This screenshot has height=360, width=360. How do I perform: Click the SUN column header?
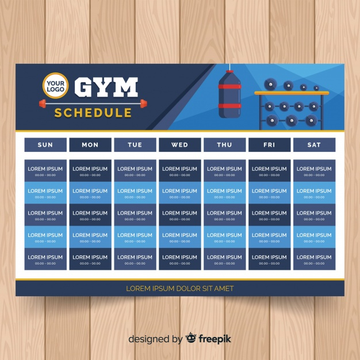(x=45, y=145)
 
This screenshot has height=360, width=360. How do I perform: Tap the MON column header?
(x=90, y=145)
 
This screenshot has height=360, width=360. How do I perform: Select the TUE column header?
(x=135, y=145)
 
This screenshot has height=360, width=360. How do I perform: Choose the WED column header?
(x=179, y=145)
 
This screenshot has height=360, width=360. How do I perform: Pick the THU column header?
(x=224, y=145)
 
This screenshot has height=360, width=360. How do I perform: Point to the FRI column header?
(x=269, y=145)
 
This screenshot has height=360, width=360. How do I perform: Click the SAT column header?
(x=314, y=145)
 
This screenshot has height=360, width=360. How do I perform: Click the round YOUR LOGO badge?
(x=55, y=86)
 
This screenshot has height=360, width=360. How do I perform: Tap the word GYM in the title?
(x=107, y=87)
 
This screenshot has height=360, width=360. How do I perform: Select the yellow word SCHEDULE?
(x=93, y=113)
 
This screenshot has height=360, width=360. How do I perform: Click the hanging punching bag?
(x=230, y=94)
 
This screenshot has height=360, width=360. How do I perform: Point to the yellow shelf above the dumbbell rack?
(x=292, y=93)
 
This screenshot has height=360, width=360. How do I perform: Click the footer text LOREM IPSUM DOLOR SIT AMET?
(x=180, y=288)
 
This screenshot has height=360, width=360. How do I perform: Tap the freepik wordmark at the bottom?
(x=215, y=339)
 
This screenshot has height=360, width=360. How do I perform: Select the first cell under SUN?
(x=45, y=171)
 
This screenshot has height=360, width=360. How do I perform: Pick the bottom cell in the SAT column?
(x=314, y=259)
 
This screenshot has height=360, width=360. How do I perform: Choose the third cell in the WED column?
(x=179, y=215)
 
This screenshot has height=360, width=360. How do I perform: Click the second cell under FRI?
(x=269, y=193)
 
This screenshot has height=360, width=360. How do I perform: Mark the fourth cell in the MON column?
(x=90, y=238)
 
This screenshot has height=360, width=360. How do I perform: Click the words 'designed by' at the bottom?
(x=155, y=339)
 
